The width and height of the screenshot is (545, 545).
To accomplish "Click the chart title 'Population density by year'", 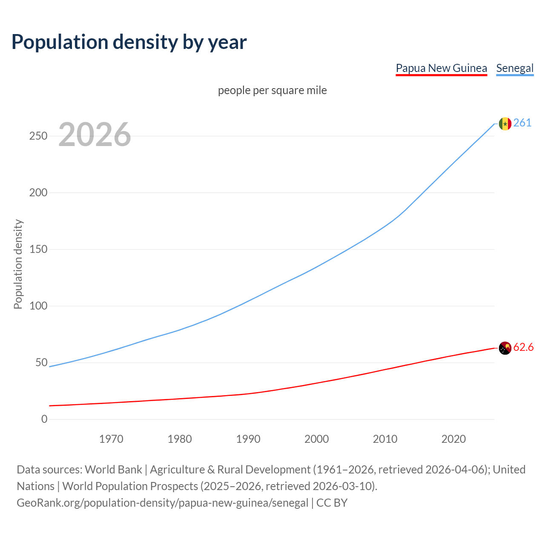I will click(129, 42).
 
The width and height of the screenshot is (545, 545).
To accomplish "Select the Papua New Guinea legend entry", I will click(441, 68).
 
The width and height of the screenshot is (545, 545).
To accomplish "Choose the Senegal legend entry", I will click(515, 68).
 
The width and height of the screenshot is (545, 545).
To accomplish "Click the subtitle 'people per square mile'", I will click(272, 90).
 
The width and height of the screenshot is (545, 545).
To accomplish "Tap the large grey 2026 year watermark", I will click(95, 135).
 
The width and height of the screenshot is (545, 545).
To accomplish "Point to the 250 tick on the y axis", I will click(38, 136).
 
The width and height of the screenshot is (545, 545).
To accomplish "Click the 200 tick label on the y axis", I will click(38, 192).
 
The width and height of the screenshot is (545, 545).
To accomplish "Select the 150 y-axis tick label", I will click(38, 249).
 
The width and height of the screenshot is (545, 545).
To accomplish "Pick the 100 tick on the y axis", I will click(38, 306).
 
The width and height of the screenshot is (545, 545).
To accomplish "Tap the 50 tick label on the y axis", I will click(41, 362).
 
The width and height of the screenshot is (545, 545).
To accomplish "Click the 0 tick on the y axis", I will click(44, 419).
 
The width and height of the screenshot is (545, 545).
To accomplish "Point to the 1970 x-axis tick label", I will click(111, 439).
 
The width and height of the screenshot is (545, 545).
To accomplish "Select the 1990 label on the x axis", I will click(248, 439).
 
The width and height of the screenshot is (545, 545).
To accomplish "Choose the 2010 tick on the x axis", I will click(385, 439).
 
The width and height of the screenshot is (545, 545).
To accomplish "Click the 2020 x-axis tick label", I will click(453, 439).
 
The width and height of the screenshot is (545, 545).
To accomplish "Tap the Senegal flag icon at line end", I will click(505, 123).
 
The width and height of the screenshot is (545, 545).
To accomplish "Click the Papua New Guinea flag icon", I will click(505, 348).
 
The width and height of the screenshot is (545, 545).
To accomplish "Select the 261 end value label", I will click(522, 123).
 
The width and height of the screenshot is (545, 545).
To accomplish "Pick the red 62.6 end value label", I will click(523, 347).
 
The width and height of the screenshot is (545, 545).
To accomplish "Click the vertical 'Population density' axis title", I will click(18, 264).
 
